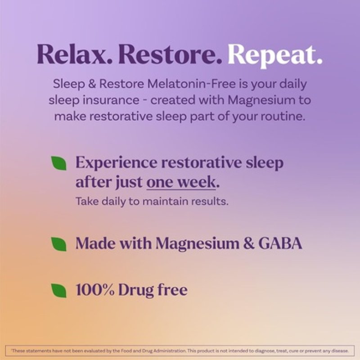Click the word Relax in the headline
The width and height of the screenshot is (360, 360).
coord(74,54)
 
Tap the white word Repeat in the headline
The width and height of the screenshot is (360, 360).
coord(275,54)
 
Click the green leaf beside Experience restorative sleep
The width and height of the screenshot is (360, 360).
coord(58,163)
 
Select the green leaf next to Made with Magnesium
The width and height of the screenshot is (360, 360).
coord(58,244)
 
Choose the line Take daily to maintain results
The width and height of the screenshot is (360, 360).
coord(152,201)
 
